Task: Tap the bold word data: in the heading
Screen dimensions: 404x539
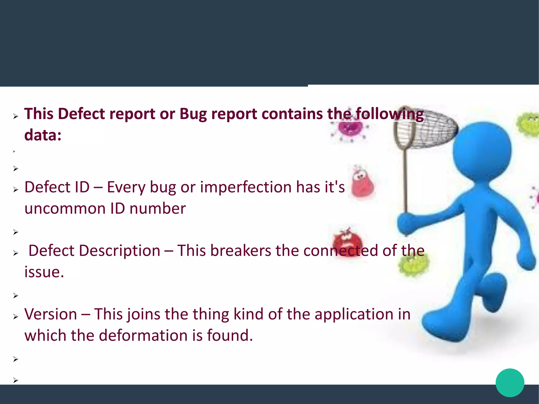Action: tap(43, 135)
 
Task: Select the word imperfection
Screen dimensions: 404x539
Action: tap(245, 187)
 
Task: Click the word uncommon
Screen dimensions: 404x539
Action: tap(65, 209)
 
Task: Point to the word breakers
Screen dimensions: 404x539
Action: tap(241, 251)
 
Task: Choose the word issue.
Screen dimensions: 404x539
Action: tap(44, 272)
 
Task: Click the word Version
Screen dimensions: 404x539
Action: tap(51, 314)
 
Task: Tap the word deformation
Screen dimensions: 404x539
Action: tap(143, 336)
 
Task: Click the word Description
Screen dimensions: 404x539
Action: tap(119, 251)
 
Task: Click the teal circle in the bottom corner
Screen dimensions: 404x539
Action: tap(510, 383)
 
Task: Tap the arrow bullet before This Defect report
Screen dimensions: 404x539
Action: tap(16, 116)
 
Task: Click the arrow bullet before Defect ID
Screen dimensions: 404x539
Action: tap(16, 189)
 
